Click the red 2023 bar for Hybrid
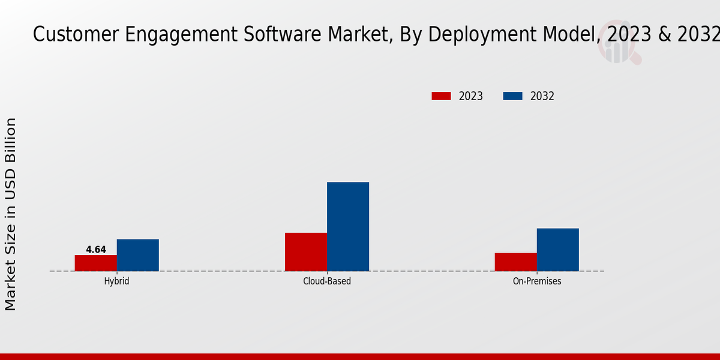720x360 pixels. point(96,263)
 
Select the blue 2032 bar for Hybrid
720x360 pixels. point(138,255)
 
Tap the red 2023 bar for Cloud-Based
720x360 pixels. point(306,252)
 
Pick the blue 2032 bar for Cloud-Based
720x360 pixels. point(348,227)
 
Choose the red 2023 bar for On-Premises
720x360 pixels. point(516,262)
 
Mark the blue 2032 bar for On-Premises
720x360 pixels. point(558,250)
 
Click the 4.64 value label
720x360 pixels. point(96,250)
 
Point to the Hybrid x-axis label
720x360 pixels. point(116,281)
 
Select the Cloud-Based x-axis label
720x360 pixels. point(327,281)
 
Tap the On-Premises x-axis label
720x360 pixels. point(537,281)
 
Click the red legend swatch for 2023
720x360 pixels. point(441,96)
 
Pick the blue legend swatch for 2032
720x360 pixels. point(512,96)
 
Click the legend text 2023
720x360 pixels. point(471,96)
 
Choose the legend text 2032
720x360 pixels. point(542,96)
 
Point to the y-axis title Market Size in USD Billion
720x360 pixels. point(11,214)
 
